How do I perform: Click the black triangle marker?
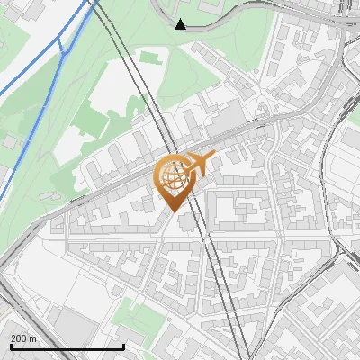(180, 23)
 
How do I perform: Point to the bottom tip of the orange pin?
(174, 211)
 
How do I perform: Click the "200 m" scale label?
(24, 338)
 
